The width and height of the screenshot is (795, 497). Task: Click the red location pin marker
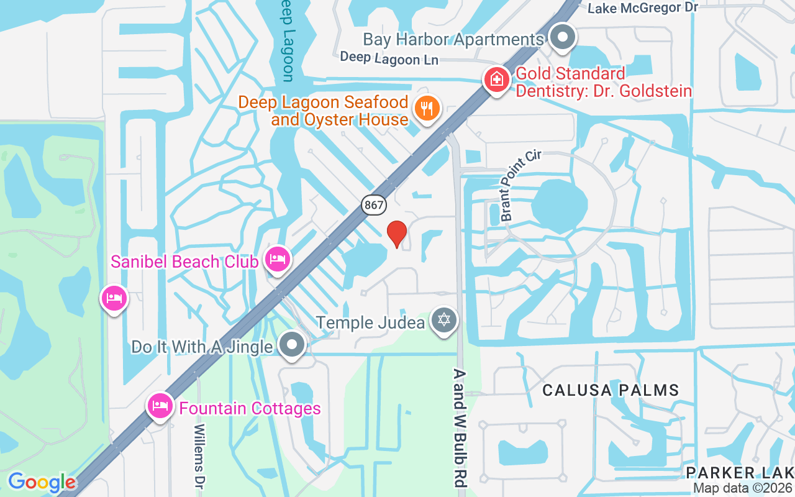396,234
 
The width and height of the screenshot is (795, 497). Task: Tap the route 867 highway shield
375,205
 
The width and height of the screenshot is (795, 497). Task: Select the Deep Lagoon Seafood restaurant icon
426,108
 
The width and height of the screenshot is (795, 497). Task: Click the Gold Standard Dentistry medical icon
497,80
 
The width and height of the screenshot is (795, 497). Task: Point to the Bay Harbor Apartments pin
563,37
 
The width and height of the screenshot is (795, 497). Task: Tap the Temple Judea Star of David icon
443,321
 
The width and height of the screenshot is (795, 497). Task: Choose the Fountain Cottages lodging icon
160,406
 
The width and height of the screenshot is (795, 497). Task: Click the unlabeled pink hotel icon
114,298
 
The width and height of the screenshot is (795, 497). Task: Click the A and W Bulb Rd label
460,429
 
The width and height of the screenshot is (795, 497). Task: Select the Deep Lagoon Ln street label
389,58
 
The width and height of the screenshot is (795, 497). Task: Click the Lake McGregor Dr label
643,8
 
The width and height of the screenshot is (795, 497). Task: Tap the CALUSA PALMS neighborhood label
611,390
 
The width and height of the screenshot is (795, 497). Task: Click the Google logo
42,482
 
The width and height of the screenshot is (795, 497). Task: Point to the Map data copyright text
743,488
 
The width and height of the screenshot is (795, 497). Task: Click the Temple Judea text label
371,322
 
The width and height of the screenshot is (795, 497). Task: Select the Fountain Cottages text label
250,408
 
